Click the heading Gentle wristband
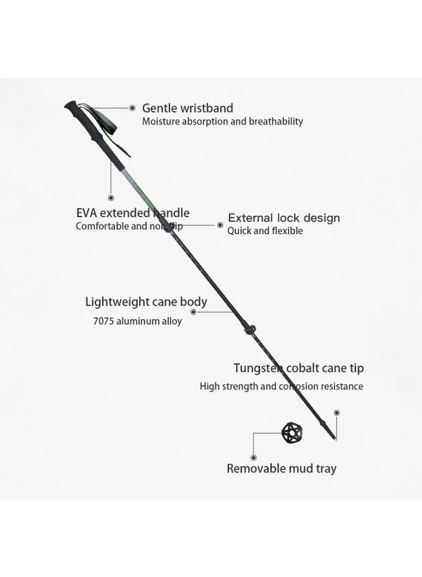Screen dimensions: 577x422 (187, 108)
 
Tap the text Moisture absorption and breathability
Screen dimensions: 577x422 (223, 121)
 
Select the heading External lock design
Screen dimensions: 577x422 (284, 218)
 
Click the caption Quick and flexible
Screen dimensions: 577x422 (265, 231)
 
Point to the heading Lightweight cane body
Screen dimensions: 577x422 (146, 302)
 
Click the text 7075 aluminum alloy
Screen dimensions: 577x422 (138, 321)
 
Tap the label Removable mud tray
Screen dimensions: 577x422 (281, 469)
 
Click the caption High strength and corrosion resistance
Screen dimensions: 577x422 (282, 386)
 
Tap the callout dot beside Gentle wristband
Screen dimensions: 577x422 (132, 108)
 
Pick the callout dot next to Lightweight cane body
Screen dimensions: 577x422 (194, 312)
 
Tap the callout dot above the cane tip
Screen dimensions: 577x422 (336, 413)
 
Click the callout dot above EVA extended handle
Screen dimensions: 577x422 (111, 198)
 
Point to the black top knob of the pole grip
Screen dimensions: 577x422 (71, 106)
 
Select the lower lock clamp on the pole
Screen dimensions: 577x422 (250, 329)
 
